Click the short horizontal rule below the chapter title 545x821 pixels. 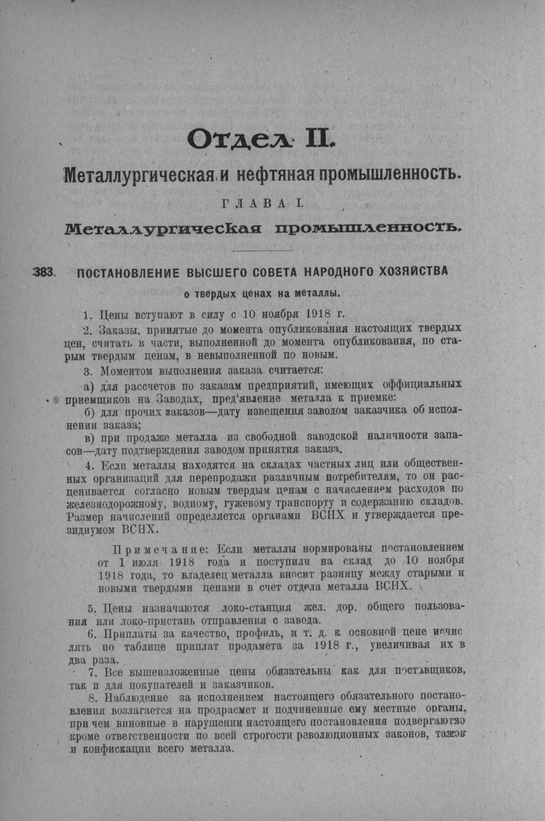263,250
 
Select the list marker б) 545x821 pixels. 89,410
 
